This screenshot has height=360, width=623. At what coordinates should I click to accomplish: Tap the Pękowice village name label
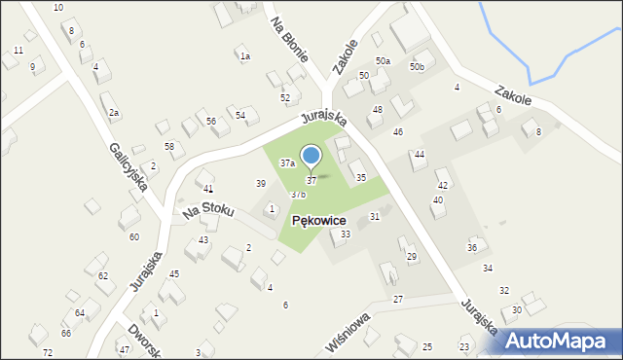(x=333, y=221)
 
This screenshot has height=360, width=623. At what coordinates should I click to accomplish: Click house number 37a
(x=288, y=163)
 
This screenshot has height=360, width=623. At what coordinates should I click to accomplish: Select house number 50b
(x=417, y=67)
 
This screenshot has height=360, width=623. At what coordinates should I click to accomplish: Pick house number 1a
(x=246, y=56)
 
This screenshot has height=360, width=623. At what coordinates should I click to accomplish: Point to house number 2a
(x=114, y=114)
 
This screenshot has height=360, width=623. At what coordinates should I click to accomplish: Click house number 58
(x=169, y=146)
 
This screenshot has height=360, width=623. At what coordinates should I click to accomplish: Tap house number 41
(x=208, y=188)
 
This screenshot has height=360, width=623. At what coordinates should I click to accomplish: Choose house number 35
(x=361, y=178)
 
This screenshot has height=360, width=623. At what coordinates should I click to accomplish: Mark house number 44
(x=420, y=155)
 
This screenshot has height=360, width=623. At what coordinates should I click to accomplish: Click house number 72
(x=48, y=352)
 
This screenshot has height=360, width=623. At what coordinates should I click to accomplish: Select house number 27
(x=398, y=299)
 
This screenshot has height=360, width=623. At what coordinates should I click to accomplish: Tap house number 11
(x=18, y=50)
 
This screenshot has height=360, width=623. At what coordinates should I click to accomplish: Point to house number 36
(x=472, y=248)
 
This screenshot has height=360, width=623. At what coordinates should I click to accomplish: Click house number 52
(x=285, y=98)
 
